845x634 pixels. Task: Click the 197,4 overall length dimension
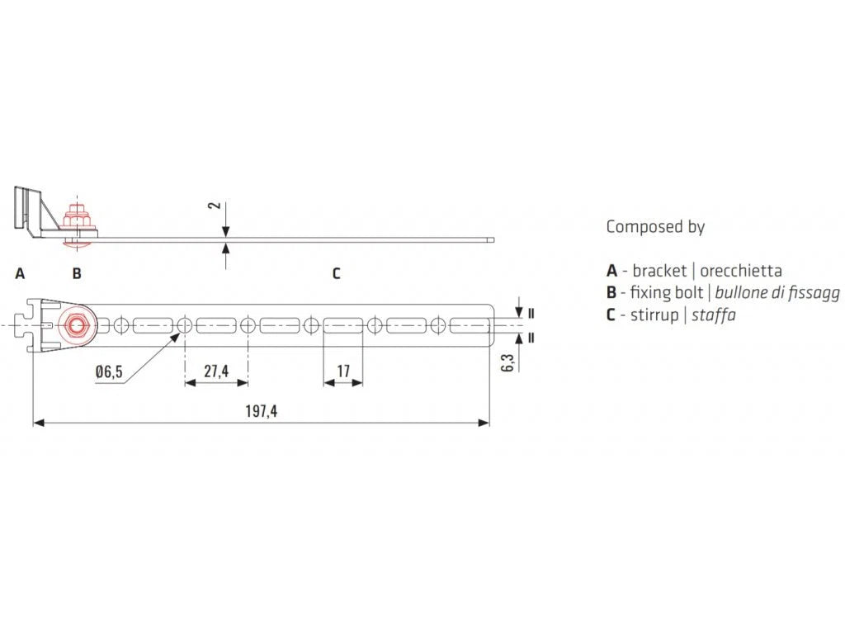(262, 412)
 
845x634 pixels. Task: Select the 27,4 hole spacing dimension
(216, 371)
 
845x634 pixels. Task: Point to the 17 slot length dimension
(343, 371)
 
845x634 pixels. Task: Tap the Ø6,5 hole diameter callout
(109, 372)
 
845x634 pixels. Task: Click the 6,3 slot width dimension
(507, 362)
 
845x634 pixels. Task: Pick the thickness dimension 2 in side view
(215, 206)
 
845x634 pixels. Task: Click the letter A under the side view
(20, 274)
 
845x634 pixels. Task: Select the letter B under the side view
(77, 274)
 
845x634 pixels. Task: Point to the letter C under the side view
(337, 274)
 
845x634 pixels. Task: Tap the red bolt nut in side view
(78, 218)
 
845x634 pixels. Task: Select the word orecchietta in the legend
(741, 271)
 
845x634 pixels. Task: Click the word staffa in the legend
(714, 315)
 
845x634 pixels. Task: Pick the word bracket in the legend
(659, 271)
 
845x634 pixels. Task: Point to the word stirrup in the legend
(654, 315)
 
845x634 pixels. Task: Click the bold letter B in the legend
(611, 293)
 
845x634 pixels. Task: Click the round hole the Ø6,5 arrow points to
(184, 325)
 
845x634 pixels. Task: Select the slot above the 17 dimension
(343, 325)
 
